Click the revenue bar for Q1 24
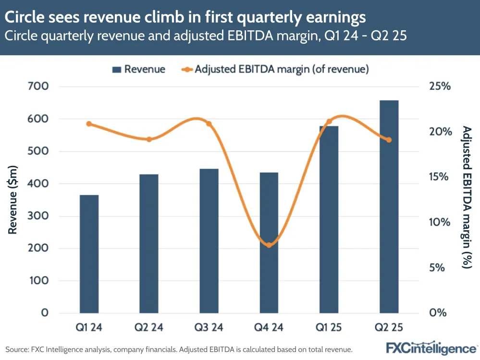pos(89,254)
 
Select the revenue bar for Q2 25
pos(389,207)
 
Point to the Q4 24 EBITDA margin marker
pos(269,245)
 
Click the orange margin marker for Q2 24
pos(149,139)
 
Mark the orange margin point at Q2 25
pos(389,140)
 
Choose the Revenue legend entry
pos(139,69)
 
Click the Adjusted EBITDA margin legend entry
pos(276,69)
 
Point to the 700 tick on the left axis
pos(39,87)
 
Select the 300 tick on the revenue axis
pos(39,216)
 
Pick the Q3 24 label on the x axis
pos(209,328)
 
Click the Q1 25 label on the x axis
pos(329,328)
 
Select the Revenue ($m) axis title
pos(13,200)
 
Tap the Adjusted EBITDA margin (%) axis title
pos(466,197)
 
